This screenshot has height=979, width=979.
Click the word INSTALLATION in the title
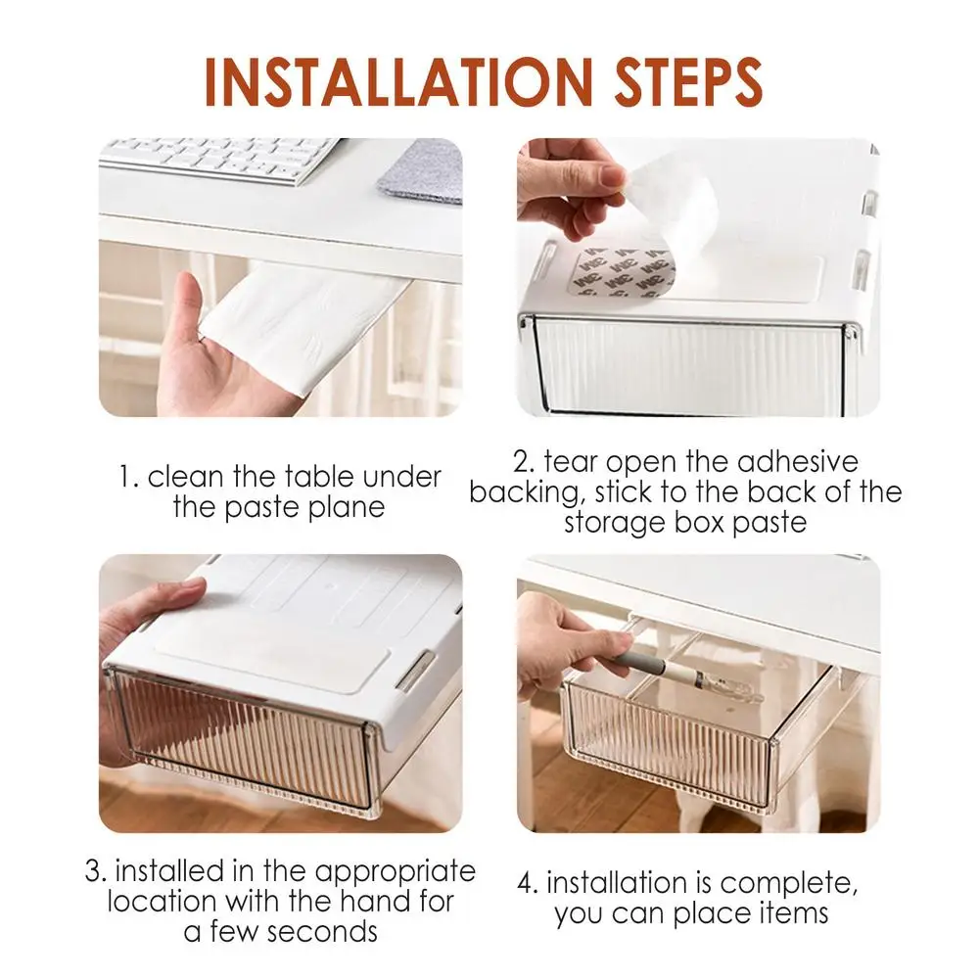397,82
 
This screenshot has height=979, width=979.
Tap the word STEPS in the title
688,82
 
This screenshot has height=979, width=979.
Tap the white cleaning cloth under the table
300,325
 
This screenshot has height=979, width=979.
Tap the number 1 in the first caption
127,478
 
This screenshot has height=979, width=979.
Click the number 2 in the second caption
523,463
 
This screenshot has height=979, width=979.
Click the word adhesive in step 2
797,462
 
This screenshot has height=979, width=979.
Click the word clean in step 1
186,477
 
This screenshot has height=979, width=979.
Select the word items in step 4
793,913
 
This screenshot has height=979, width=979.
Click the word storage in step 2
609,523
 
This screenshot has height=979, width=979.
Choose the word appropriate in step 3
396,873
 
